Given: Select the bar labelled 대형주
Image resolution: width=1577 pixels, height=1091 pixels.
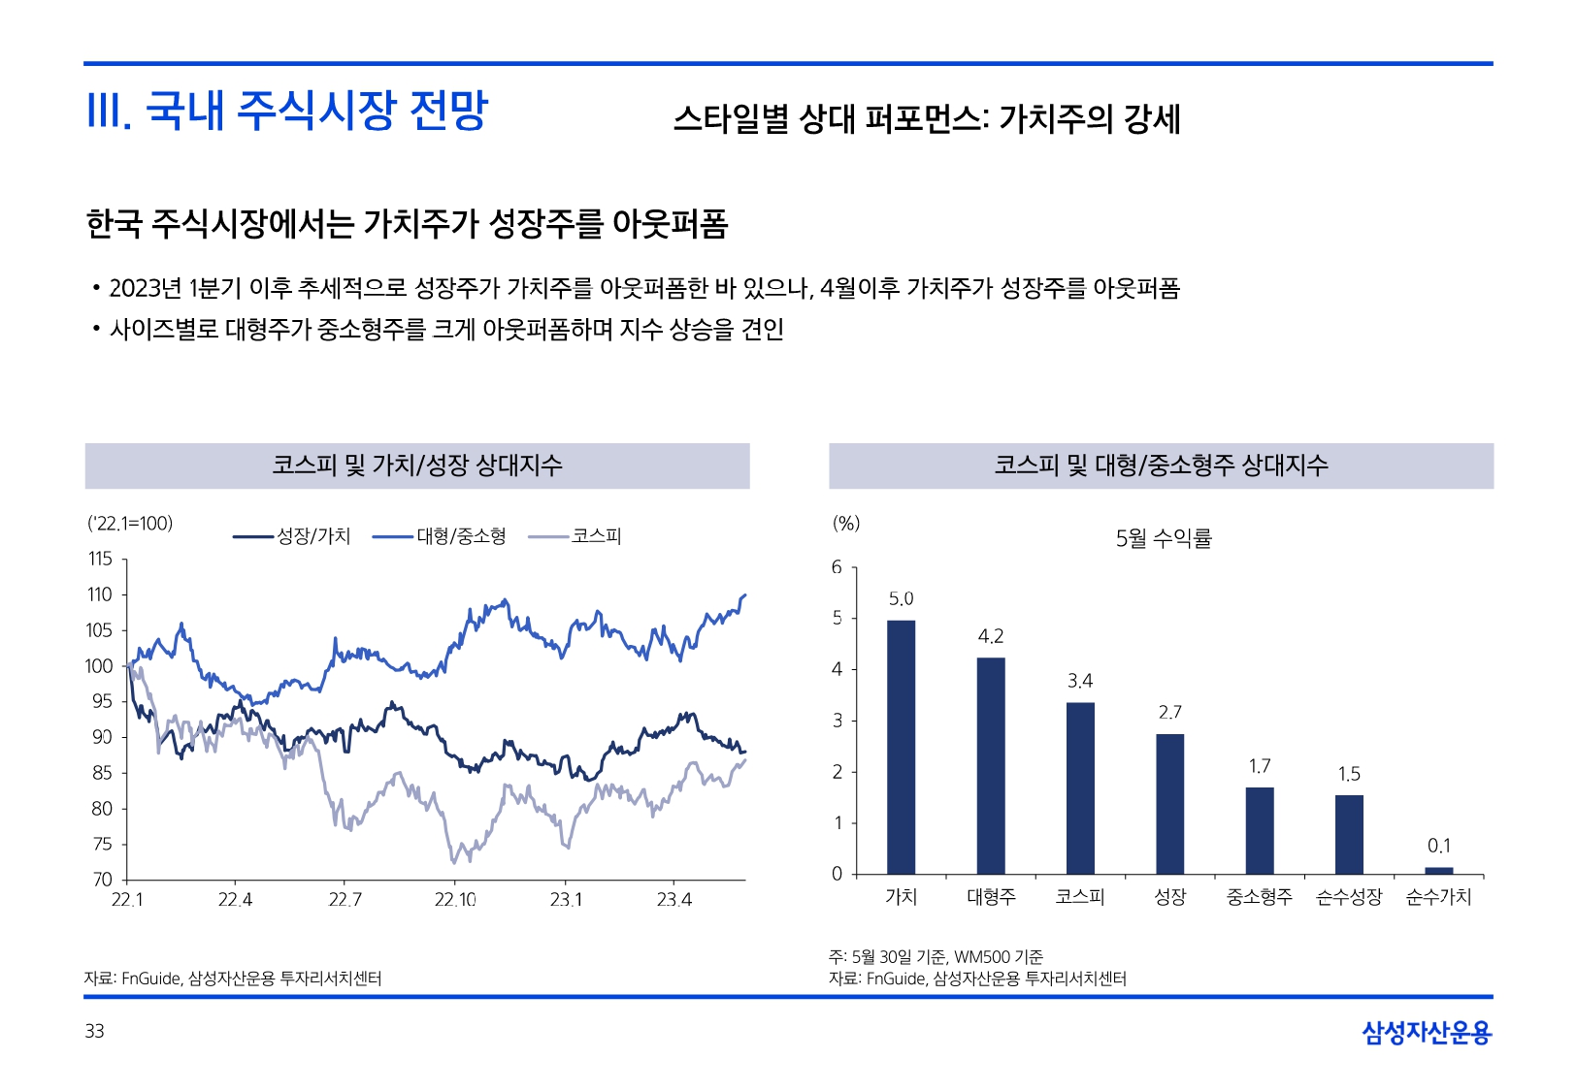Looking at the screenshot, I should tap(990, 766).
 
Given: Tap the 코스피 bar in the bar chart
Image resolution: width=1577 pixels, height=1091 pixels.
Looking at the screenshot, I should tap(1080, 787).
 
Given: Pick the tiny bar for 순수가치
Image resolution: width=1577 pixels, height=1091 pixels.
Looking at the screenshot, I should tap(1438, 870).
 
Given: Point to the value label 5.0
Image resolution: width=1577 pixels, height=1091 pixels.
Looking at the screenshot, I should tap(901, 599).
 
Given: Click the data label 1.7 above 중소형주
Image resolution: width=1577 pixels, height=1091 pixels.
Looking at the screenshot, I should tap(1259, 767).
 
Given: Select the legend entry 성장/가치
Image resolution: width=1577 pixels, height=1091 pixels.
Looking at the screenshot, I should tap(292, 536).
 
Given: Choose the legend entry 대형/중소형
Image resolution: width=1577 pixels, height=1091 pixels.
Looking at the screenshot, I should tap(440, 536).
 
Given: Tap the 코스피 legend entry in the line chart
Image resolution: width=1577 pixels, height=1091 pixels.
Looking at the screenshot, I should tap(575, 536).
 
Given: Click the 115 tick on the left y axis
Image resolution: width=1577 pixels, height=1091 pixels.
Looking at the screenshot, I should tap(100, 559).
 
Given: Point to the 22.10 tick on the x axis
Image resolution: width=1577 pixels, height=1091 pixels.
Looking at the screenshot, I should tap(454, 900).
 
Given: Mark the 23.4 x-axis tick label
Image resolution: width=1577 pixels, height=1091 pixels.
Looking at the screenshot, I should tap(674, 900).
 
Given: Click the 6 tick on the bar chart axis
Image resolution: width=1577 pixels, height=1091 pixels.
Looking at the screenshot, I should tap(837, 567).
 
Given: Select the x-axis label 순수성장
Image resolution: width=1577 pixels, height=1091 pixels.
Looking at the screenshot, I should tap(1348, 897).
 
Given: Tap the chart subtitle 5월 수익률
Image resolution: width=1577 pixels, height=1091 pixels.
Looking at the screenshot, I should tap(1164, 538).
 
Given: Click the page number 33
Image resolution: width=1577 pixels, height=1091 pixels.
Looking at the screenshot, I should tap(94, 1031).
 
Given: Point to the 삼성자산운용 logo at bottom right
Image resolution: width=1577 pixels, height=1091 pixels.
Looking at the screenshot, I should tap(1426, 1033).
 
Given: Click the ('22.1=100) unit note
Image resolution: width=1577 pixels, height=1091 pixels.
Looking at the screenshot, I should tap(130, 524).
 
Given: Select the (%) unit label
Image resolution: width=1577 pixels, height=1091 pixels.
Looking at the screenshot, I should tap(845, 524).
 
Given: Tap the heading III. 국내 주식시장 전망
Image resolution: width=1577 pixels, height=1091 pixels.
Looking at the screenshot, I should tap(287, 111).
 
